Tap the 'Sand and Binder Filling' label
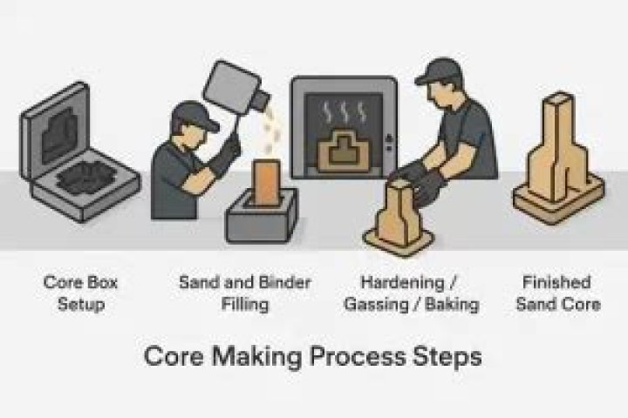tap(244, 293)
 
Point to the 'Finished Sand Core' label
tap(557, 293)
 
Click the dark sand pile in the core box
tap(93, 179)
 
